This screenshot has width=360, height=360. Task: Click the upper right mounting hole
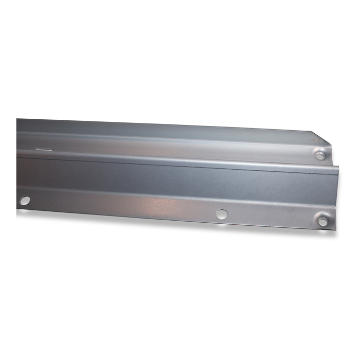320,155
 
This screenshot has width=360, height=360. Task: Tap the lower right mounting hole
322,222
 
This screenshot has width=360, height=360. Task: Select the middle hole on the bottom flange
222,214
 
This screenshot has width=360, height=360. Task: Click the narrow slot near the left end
45,150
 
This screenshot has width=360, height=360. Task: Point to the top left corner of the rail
17,119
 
